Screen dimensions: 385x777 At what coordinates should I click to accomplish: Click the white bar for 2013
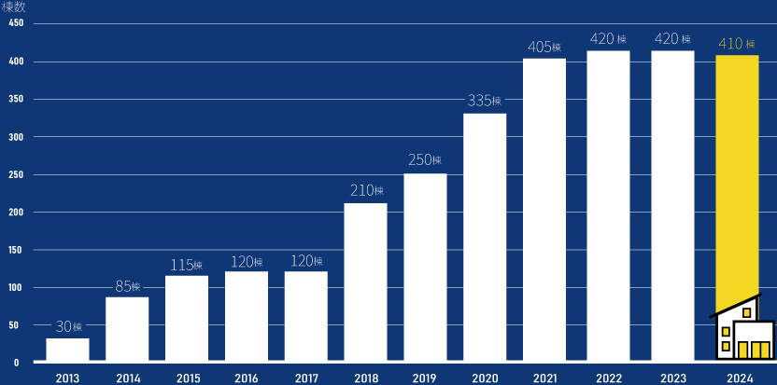point(67,350)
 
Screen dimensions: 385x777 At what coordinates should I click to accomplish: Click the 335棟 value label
point(485,101)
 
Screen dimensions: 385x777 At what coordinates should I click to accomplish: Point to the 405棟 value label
point(544,47)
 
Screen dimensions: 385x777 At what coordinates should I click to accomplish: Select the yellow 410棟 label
point(737,43)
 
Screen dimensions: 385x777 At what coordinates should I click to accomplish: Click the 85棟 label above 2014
point(127,285)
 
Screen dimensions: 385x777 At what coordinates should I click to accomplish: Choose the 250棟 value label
point(425,160)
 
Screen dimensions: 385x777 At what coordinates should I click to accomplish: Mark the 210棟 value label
point(365,190)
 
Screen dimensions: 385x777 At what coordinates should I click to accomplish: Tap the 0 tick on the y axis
point(17,363)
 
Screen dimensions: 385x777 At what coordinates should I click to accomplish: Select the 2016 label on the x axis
point(247,378)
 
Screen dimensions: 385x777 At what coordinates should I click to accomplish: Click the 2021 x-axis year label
point(544,378)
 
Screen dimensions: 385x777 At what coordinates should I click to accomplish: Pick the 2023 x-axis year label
point(672,378)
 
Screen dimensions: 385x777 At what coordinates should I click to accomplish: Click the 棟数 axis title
point(15,7)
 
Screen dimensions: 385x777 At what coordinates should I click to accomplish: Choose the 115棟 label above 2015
point(187,265)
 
